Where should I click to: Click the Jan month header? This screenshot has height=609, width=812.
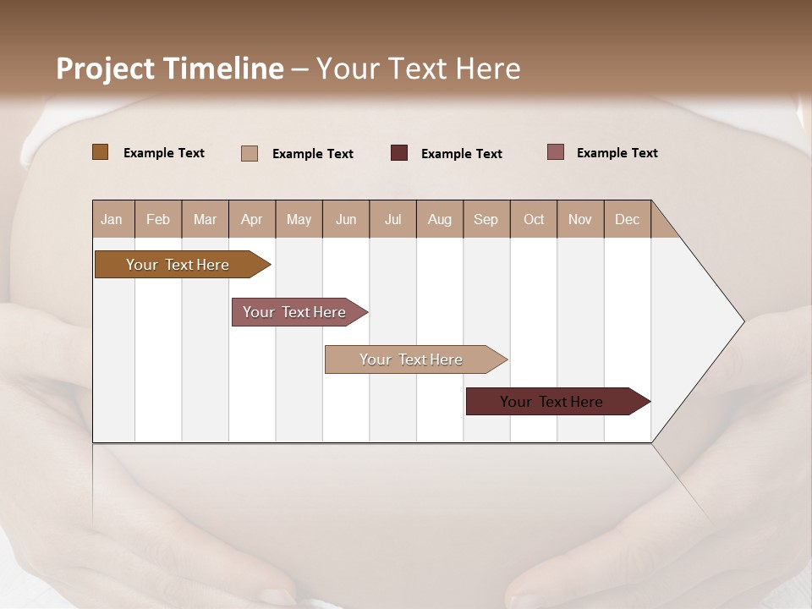(112, 219)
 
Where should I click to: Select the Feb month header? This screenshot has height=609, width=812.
(158, 219)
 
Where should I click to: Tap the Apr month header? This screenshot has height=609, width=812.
(251, 219)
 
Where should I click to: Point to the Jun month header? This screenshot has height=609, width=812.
(346, 219)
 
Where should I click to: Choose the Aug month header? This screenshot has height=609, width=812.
(439, 219)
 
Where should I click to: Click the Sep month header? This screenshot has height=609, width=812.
(486, 219)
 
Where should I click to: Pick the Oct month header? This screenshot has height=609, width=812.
(534, 219)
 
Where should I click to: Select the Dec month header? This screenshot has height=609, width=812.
(627, 219)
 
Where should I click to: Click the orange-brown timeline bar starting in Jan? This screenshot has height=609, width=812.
(178, 265)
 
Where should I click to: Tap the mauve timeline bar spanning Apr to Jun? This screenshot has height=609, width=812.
(295, 312)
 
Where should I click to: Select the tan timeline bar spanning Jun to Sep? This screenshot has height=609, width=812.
(411, 359)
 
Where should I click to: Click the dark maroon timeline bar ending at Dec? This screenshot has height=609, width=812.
(552, 402)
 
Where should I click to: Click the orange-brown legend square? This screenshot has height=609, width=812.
(100, 152)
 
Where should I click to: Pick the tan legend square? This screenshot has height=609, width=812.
(250, 153)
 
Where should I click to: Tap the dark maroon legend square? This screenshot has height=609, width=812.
(399, 153)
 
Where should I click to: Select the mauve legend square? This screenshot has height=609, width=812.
(556, 152)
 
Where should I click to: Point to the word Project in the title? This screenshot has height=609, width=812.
(106, 69)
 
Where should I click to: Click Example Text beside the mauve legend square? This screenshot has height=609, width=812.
(617, 152)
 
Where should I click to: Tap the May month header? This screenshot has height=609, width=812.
(299, 219)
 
